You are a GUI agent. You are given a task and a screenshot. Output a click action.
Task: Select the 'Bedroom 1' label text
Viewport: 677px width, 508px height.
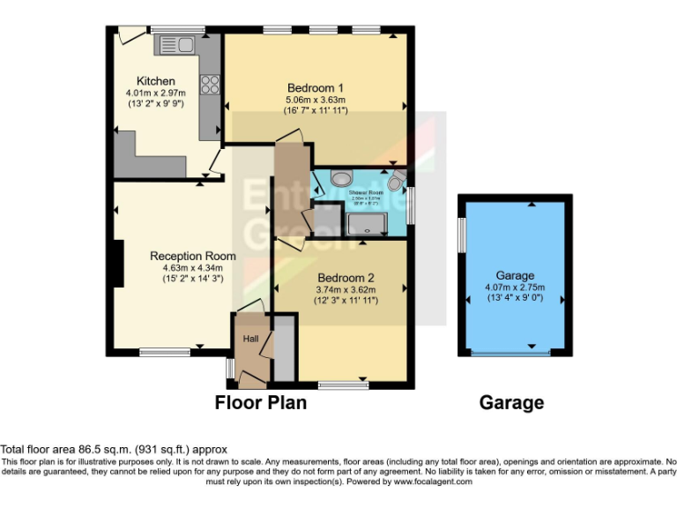[x=315, y=87]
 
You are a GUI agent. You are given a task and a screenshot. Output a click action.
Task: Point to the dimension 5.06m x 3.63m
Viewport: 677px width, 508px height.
[x=315, y=99]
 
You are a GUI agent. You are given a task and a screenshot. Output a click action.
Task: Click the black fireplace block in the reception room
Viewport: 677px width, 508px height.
[x=117, y=263]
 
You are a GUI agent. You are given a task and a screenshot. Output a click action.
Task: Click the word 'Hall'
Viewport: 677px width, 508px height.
[x=250, y=338]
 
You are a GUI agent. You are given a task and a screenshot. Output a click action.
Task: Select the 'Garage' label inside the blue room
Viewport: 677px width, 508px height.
[x=515, y=275]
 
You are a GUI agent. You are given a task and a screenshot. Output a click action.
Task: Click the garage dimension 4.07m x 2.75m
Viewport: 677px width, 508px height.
[x=515, y=287]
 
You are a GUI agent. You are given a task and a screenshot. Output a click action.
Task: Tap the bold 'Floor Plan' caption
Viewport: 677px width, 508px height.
[x=261, y=403]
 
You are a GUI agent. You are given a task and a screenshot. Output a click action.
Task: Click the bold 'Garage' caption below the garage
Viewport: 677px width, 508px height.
[x=511, y=403]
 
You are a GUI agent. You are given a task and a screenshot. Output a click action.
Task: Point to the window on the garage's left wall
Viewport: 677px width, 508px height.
[x=461, y=236]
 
